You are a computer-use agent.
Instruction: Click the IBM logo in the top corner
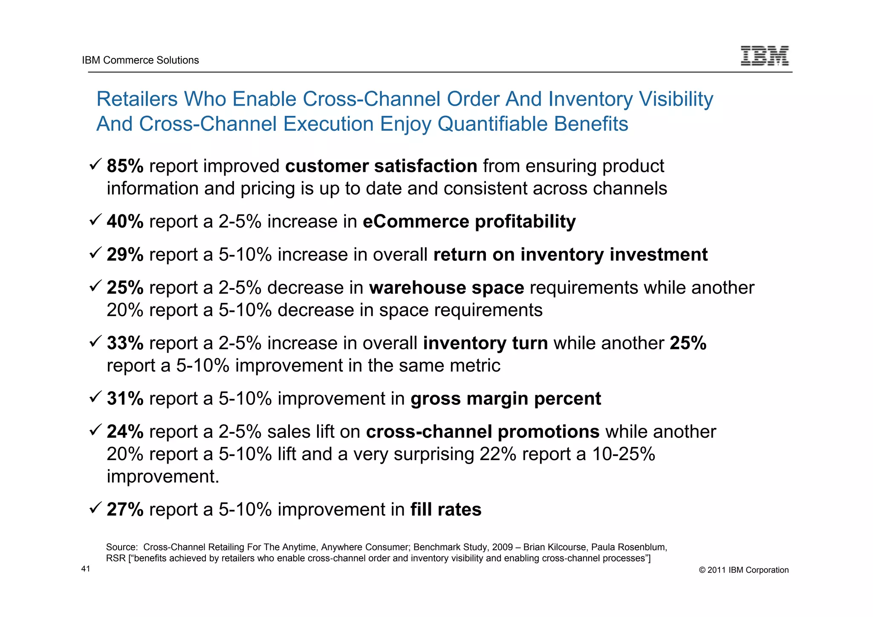(764, 56)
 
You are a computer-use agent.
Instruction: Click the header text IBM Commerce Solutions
(140, 60)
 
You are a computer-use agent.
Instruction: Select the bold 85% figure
(125, 166)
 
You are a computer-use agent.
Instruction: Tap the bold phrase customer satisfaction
(381, 166)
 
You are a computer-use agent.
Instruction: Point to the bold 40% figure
(125, 222)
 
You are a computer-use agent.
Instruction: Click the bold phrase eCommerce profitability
(469, 222)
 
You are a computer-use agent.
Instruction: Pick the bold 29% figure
(125, 255)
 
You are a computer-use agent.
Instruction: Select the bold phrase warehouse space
(446, 288)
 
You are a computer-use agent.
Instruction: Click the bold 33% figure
(125, 343)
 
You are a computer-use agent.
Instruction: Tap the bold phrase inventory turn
(485, 343)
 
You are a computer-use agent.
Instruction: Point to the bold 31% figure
(125, 399)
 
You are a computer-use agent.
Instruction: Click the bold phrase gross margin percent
(506, 399)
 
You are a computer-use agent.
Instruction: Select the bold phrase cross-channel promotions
(483, 432)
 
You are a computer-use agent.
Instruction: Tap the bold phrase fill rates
(445, 510)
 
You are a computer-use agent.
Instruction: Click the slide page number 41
(86, 569)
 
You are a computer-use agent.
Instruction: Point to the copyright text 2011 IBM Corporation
(744, 570)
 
